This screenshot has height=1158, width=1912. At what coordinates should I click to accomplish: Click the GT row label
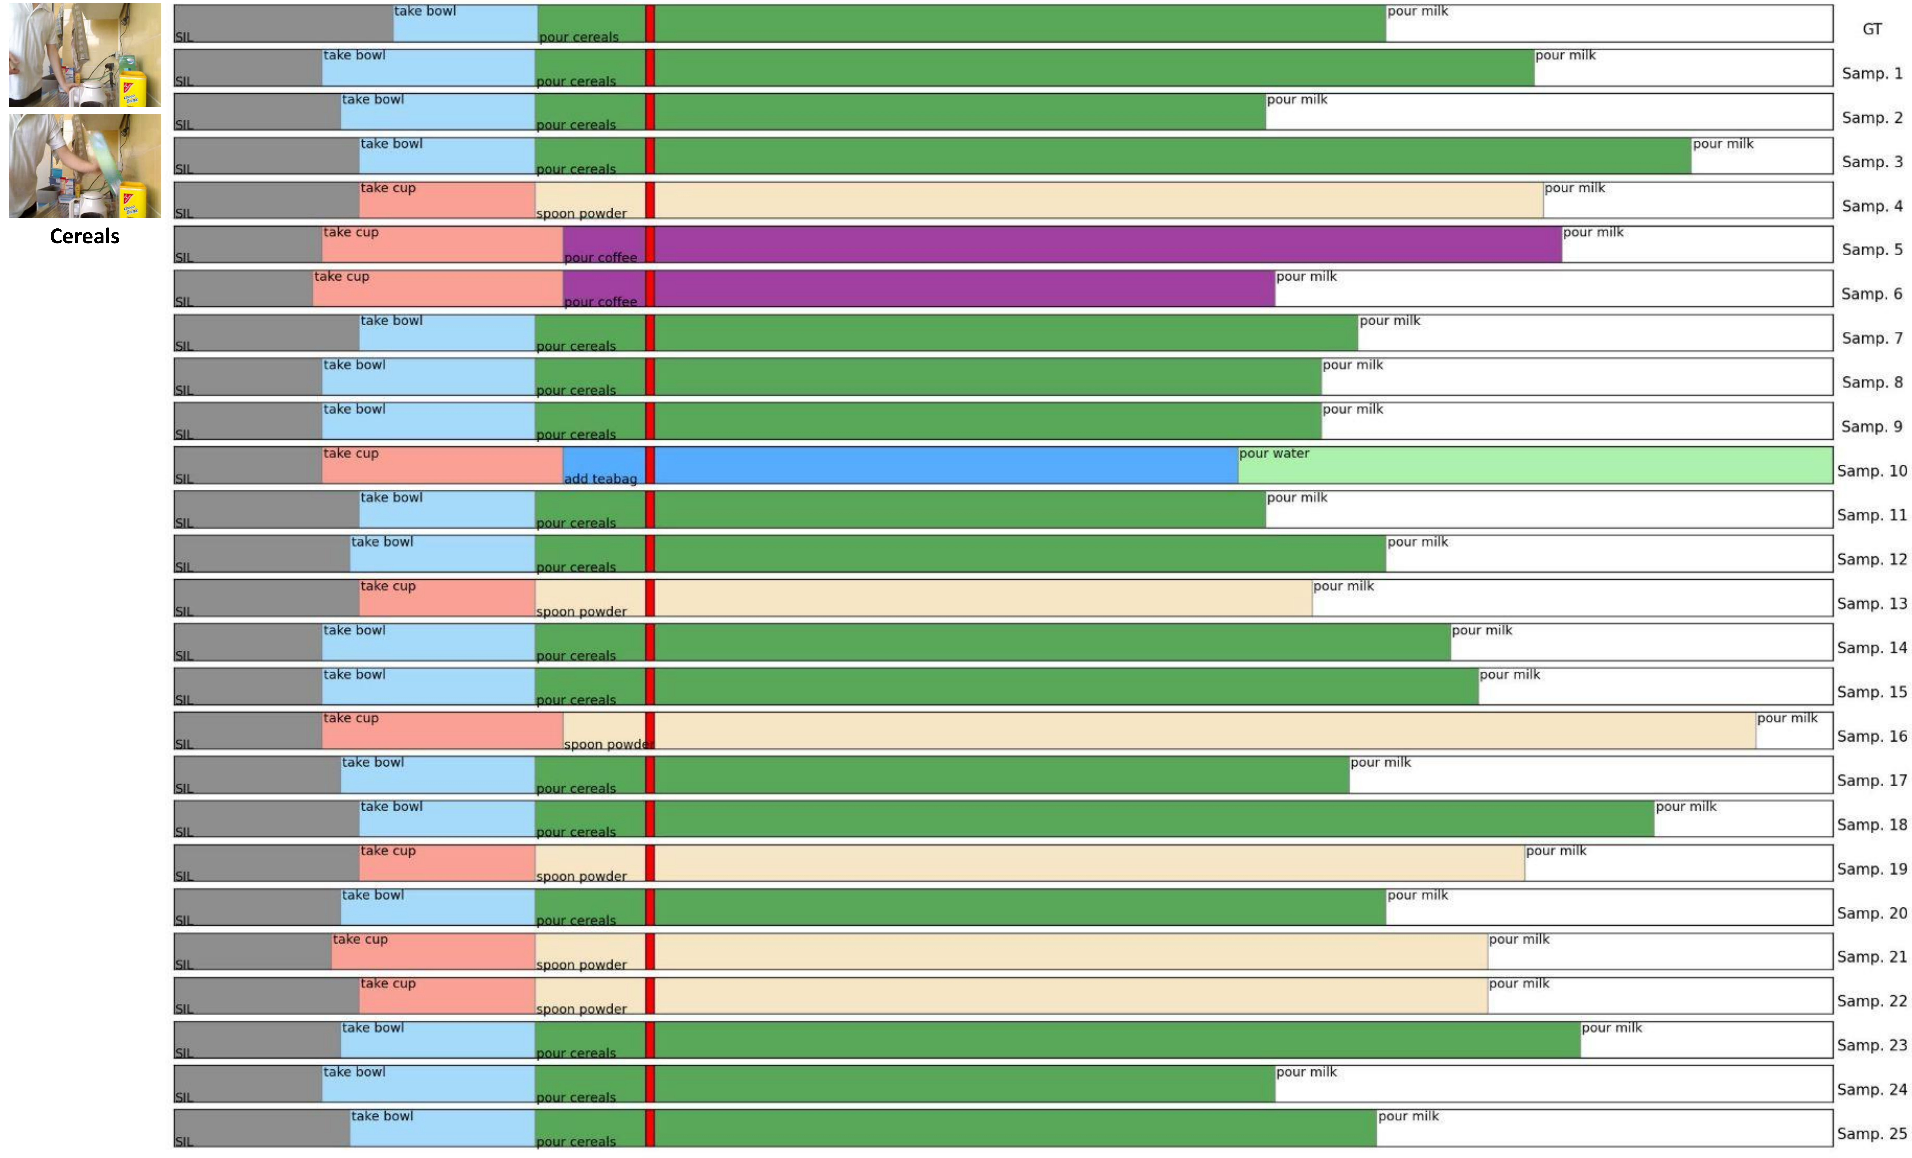[x=1872, y=29]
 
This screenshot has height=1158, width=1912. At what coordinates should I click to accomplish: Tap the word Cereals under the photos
[x=84, y=237]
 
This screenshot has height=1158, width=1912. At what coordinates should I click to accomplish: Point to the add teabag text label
[x=600, y=479]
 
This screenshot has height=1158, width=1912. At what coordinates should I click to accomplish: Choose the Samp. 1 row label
[x=1872, y=74]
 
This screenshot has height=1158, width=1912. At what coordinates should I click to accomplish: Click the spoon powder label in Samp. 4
[x=581, y=213]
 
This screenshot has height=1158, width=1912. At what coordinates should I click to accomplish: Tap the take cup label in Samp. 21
[x=360, y=939]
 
